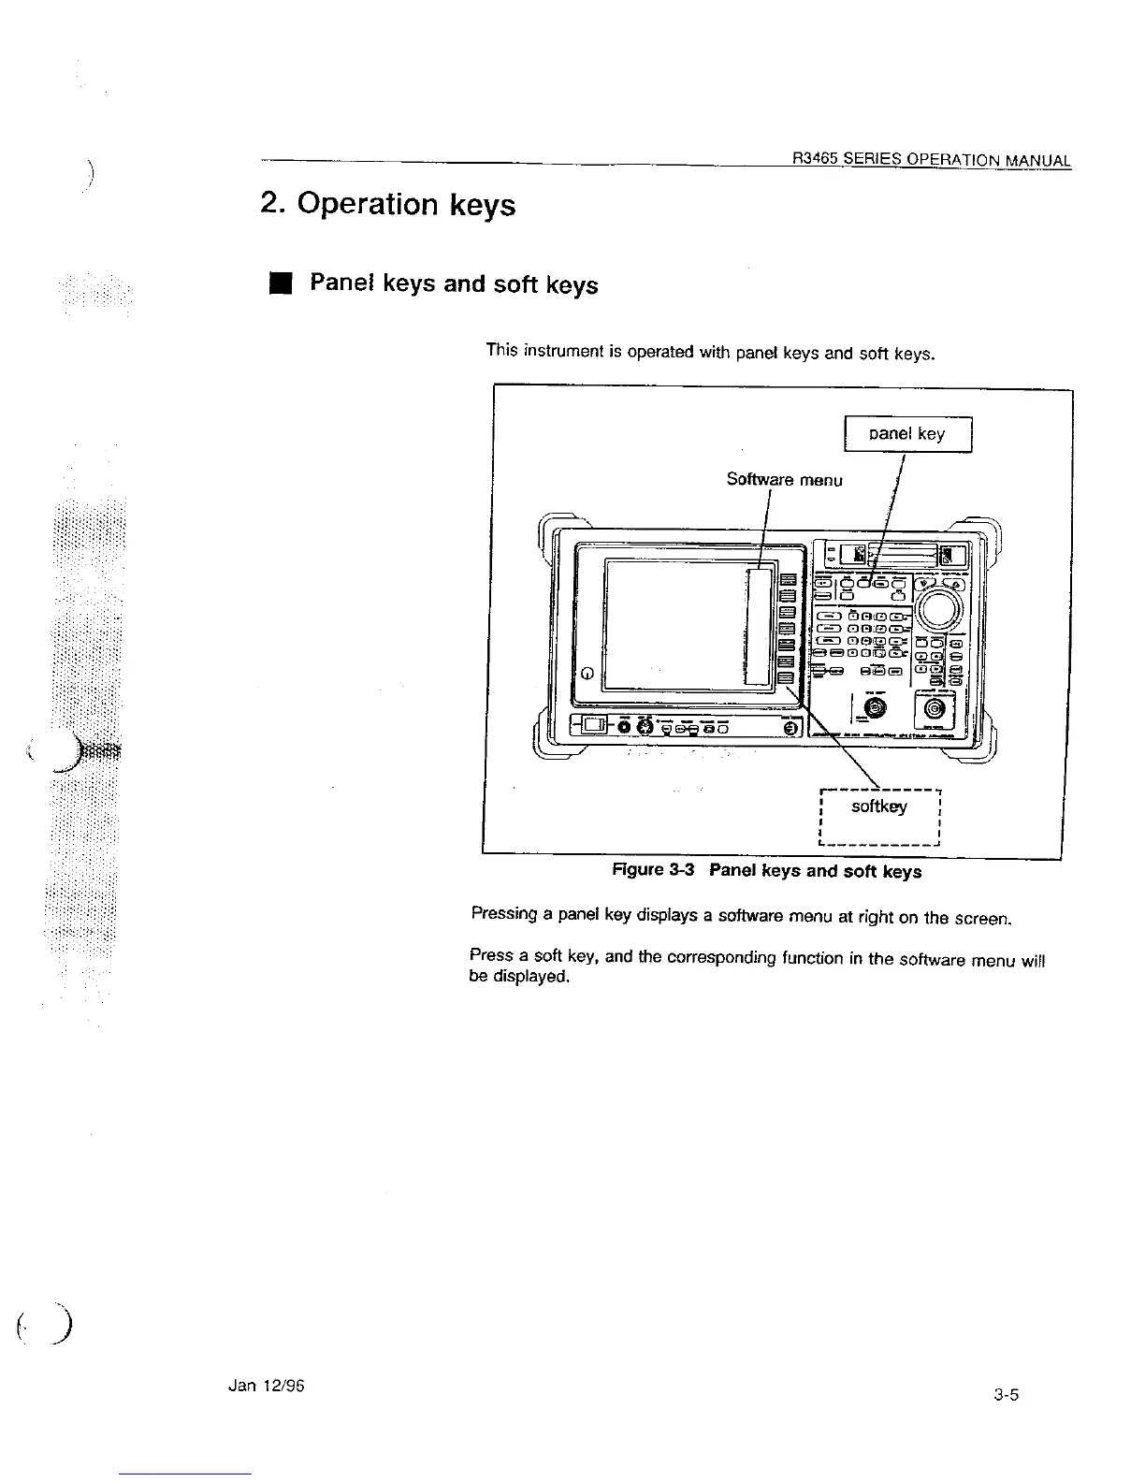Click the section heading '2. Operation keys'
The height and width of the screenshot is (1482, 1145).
[387, 204]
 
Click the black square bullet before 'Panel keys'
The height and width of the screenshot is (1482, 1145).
[278, 283]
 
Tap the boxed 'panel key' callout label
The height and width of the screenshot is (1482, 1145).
[906, 434]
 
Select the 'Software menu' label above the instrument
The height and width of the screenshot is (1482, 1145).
[784, 480]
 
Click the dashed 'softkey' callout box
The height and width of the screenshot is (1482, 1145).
[878, 806]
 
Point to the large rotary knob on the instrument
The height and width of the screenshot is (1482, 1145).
[939, 609]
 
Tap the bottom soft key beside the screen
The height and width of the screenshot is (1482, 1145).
[787, 679]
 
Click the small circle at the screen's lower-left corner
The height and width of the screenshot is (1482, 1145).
[587, 673]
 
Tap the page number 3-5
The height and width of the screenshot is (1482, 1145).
[1006, 1395]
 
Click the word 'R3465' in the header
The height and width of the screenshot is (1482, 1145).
[813, 159]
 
